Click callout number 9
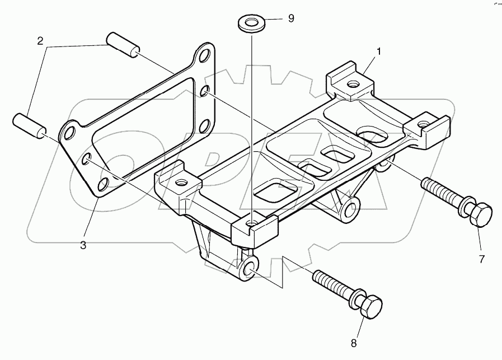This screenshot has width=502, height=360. tap(290, 18)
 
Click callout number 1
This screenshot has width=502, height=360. tap(379, 52)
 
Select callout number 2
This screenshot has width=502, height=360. tap(40, 41)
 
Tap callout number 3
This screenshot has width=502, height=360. tap(83, 245)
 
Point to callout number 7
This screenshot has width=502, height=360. tap(482, 258)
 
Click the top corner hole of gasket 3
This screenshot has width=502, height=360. tap(205, 56)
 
